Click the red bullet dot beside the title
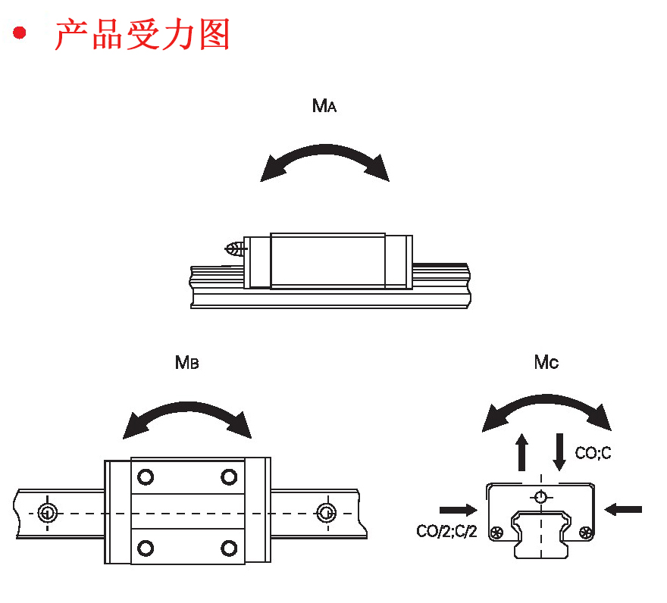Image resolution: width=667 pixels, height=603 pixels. click(19, 34)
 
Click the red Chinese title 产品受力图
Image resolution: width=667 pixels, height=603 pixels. click(142, 35)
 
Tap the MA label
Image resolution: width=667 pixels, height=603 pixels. click(324, 106)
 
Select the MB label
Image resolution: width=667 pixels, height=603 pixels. click(186, 363)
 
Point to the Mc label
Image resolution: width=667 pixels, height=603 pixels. click(546, 363)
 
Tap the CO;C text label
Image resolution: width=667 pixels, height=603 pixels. click(593, 454)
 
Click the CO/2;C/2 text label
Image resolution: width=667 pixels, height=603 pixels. click(446, 531)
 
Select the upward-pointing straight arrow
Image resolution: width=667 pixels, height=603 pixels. click(521, 452)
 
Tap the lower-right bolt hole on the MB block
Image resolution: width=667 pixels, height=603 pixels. click(228, 547)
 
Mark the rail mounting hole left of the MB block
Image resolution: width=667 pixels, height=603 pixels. click(47, 512)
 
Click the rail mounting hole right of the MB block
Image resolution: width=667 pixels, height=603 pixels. click(326, 512)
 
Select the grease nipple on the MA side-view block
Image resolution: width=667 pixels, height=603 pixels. click(235, 248)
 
